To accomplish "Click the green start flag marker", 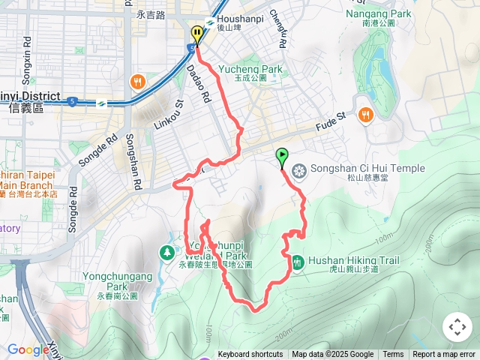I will click(x=282, y=157).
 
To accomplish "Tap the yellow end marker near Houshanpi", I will click(x=196, y=34).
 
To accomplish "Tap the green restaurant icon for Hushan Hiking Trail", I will click(x=298, y=262).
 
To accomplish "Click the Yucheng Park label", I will click(x=250, y=70).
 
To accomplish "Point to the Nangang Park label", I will click(x=379, y=13).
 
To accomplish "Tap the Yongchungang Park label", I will click(x=118, y=280).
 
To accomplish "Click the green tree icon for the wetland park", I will click(x=164, y=253).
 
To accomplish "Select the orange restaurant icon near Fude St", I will click(x=364, y=114).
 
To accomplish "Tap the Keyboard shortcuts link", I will click(x=250, y=355).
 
